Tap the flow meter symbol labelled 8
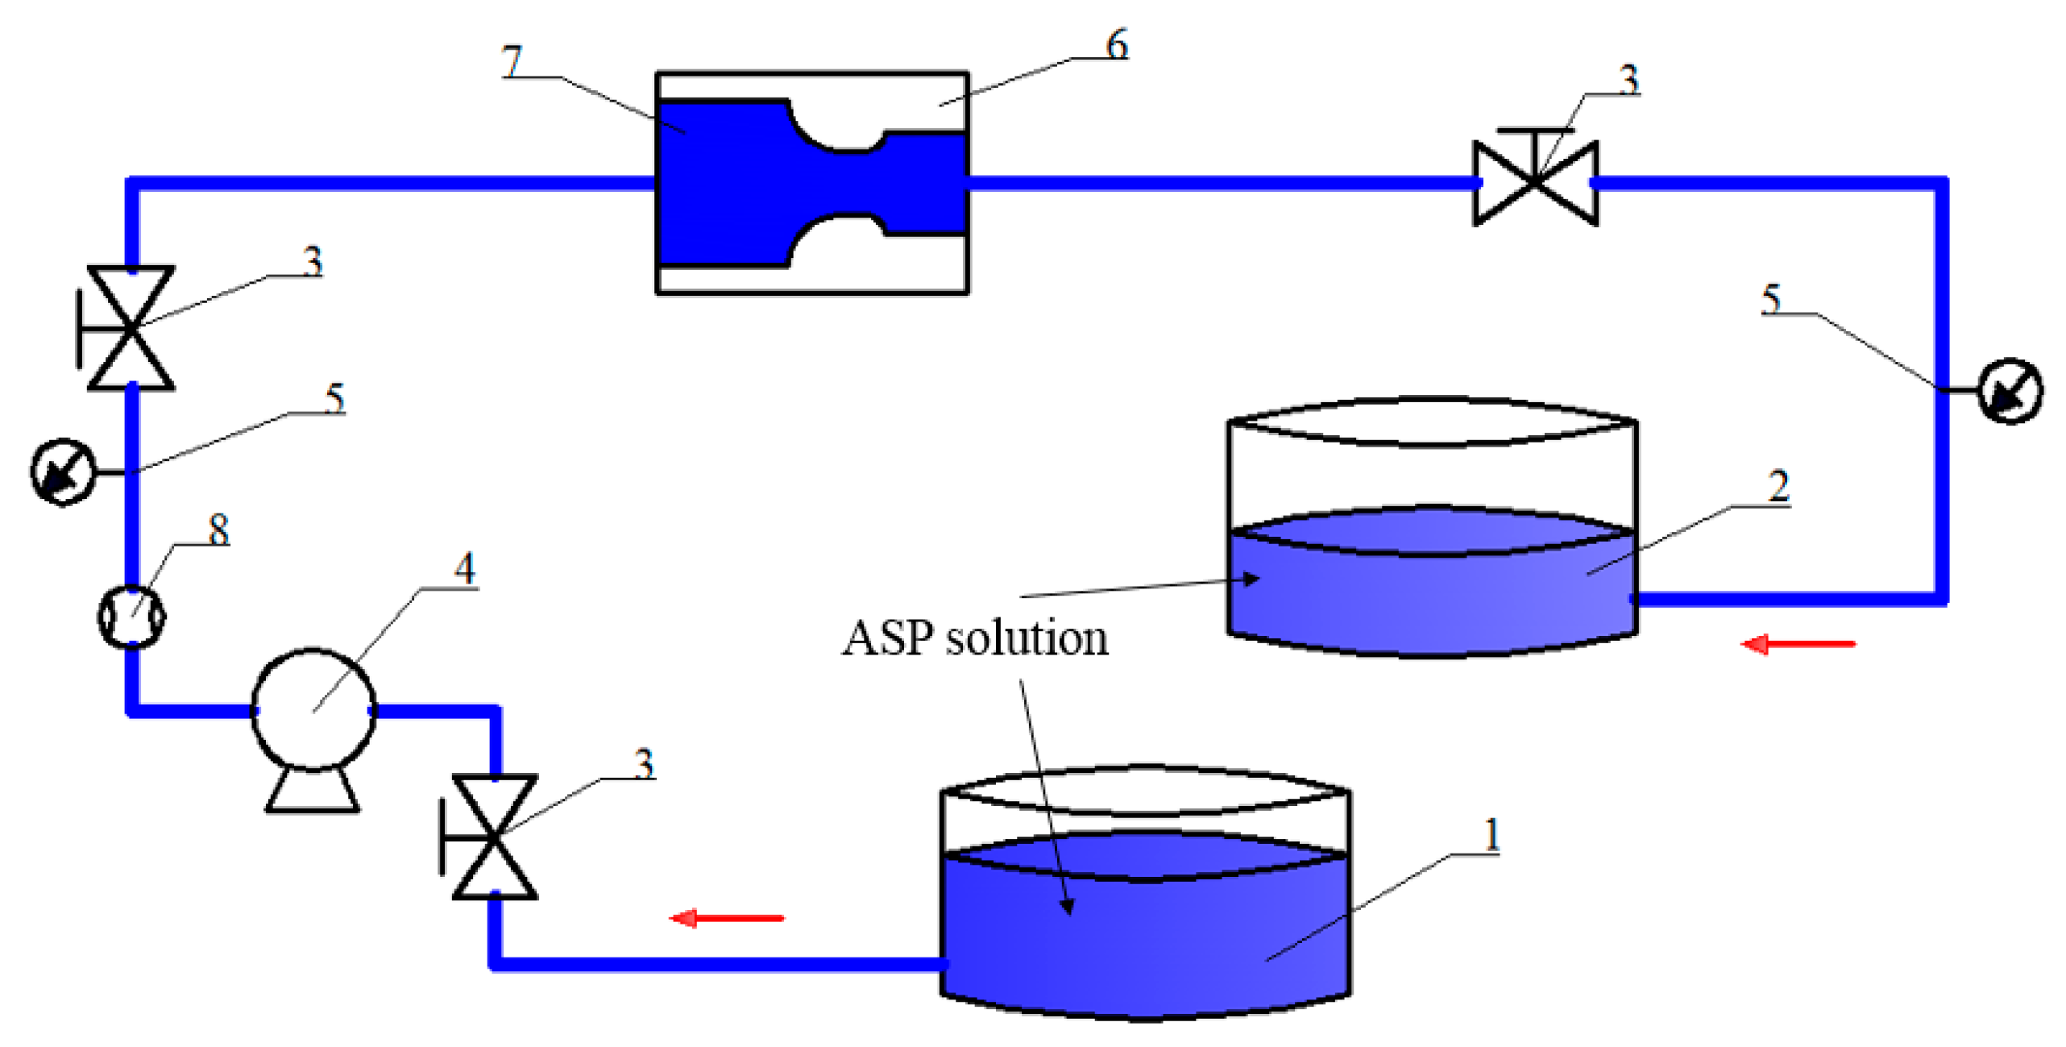131,617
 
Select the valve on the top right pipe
1534,183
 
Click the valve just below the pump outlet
494,837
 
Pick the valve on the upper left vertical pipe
131,328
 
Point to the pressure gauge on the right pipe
2009,391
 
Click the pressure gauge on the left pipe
62,472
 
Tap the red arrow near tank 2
1797,644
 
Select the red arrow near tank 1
726,917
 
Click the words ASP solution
975,639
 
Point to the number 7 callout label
512,61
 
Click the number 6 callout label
1117,44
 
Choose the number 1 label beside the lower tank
1491,834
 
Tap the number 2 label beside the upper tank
1778,487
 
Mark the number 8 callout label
218,530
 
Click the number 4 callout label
464,569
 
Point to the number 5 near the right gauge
1770,299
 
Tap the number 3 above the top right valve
1628,80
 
